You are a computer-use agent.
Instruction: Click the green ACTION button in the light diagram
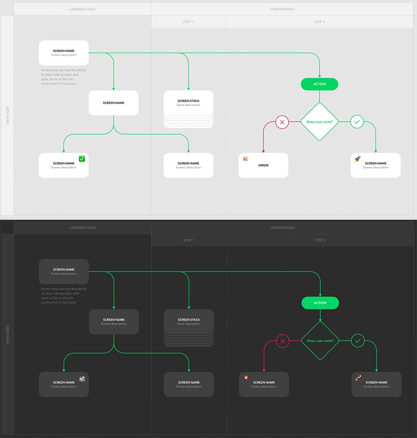click(319, 84)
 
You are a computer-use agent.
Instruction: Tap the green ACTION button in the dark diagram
click(320, 303)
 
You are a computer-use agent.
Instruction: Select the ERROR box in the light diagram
click(263, 166)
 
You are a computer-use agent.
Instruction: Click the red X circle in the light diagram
click(282, 122)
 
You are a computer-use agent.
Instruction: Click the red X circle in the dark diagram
click(282, 341)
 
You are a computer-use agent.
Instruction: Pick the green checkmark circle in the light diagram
click(357, 122)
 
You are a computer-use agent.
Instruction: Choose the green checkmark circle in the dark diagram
click(357, 341)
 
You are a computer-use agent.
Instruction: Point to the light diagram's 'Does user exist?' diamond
click(319, 121)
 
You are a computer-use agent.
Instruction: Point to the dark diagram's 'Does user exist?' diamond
click(320, 340)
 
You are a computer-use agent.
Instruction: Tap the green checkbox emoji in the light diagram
click(82, 159)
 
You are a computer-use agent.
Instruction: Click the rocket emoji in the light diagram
click(358, 159)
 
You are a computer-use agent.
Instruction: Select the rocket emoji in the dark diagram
click(358, 378)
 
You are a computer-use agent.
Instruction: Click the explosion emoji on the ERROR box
click(245, 159)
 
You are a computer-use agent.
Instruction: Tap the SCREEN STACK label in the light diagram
click(188, 101)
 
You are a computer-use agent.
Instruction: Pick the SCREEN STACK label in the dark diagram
click(189, 320)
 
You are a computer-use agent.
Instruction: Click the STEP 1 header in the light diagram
click(188, 22)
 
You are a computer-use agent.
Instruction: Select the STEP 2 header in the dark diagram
click(320, 240)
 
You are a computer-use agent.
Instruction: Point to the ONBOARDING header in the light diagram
click(282, 9)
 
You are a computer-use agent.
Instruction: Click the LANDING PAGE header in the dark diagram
click(82, 228)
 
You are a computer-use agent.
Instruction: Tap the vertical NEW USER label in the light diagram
click(7, 116)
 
